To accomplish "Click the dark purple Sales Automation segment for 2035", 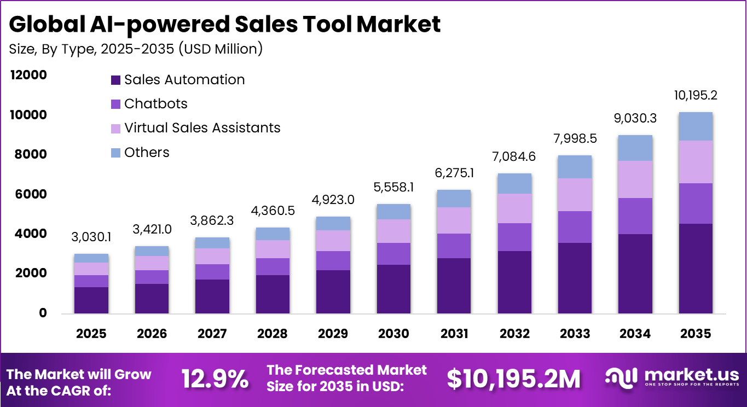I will coord(696,268).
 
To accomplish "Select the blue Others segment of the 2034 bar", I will coord(635,148).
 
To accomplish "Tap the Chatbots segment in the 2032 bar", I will coord(514,237).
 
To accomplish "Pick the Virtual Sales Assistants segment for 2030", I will coord(393,231).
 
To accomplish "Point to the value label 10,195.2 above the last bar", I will coord(696,95).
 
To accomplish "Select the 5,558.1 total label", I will coord(393,188).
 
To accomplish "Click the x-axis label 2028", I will coord(273,334).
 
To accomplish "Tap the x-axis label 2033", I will coord(575,334).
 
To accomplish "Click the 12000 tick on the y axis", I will coord(27,75).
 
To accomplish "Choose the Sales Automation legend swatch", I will coord(115,80).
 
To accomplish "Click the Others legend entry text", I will coord(147,152).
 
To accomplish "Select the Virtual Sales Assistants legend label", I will coord(202,128).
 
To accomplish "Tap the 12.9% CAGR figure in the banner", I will coord(215,380).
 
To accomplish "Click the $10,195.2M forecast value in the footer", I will coord(513,380).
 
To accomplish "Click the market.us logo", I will coord(672,376).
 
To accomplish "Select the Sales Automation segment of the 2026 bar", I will coord(152,298).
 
